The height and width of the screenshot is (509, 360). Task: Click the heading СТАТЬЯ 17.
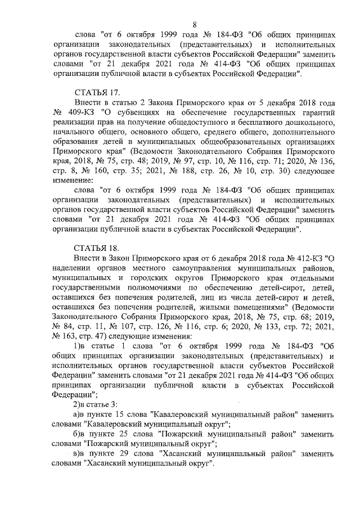(97, 92)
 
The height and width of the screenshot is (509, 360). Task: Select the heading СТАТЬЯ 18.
(97, 248)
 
